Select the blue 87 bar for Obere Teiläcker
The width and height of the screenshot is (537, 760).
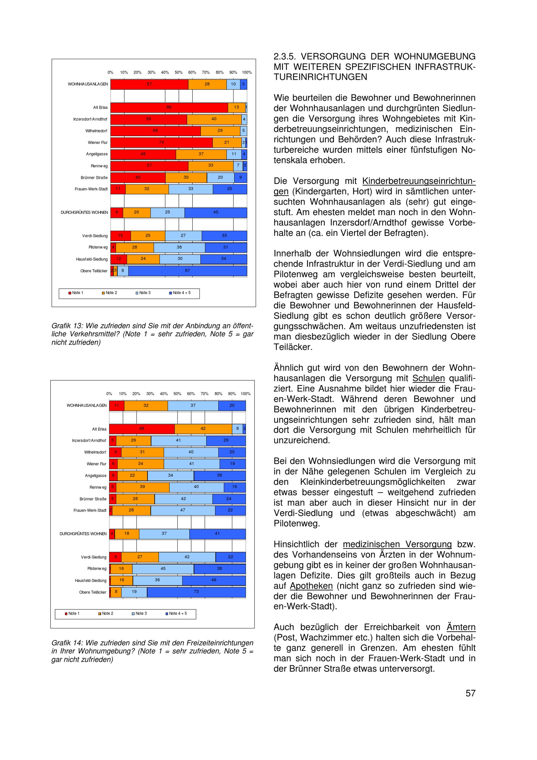coord(188,271)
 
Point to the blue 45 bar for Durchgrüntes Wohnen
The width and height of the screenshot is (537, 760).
coord(216,212)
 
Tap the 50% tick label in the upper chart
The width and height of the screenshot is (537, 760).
coord(179,73)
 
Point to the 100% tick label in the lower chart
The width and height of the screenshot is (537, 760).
coord(245,394)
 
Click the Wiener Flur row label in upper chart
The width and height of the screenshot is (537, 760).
coord(98,143)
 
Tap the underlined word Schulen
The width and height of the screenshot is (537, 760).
coord(429,378)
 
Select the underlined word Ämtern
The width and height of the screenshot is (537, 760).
coord(461,627)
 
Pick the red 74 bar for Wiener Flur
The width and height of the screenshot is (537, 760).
coord(161,143)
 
